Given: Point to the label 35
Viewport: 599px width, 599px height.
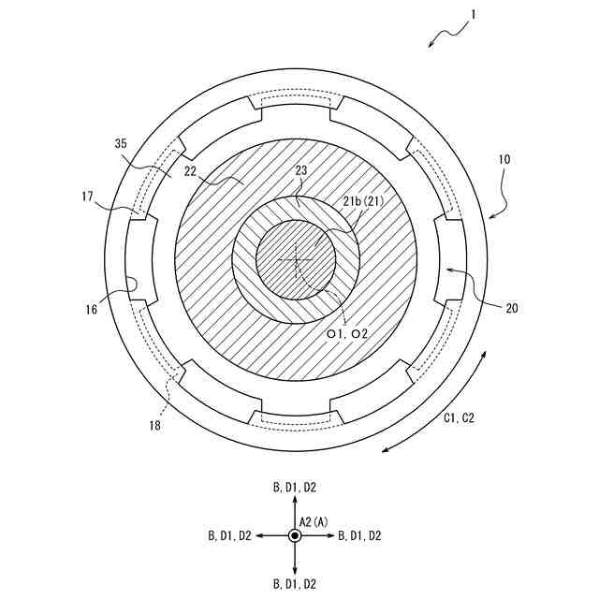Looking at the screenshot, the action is (120, 144).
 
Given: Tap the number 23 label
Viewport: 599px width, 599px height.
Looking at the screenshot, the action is (300, 171).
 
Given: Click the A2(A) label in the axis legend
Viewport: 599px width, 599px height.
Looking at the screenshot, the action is (314, 520).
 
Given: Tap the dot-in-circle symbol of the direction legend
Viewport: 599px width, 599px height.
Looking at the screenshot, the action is (295, 535).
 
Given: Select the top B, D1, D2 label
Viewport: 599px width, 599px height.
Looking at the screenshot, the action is (295, 488).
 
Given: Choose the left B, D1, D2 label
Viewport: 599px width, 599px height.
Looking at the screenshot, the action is (229, 535).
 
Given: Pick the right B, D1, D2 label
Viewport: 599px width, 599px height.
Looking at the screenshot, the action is (359, 535).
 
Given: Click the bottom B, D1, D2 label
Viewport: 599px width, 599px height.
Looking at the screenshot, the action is (295, 584).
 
